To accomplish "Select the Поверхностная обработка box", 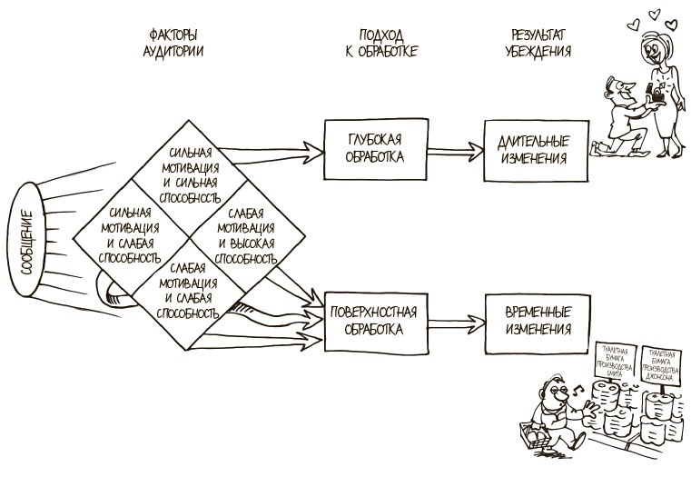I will coord(373,320).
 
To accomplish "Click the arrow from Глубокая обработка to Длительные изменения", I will coord(450,150).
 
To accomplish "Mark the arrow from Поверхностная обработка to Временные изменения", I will coord(450,320).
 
